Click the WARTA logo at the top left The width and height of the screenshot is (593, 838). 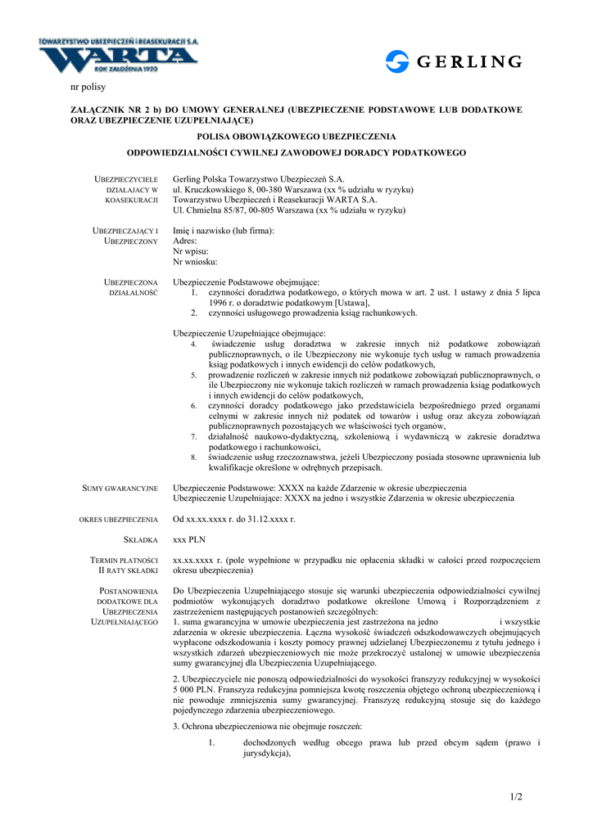[119, 57]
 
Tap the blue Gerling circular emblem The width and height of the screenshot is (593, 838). [397, 62]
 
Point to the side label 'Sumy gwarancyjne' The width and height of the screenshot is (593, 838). [120, 489]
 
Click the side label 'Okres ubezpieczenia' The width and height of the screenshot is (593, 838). [119, 520]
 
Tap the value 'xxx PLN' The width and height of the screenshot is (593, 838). [190, 540]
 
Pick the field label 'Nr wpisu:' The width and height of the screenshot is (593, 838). [190, 252]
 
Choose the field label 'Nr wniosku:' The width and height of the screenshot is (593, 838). [195, 262]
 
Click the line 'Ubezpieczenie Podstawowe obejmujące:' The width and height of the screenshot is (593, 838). [246, 282]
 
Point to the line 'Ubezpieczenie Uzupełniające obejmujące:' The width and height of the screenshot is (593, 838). [249, 333]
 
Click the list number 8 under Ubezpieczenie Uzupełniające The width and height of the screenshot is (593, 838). [194, 457]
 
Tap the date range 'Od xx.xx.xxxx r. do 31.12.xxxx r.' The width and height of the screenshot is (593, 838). [233, 520]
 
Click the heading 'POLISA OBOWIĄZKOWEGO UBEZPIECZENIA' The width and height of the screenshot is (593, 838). [296, 136]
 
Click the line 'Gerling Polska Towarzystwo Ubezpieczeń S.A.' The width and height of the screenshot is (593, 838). [259, 178]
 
